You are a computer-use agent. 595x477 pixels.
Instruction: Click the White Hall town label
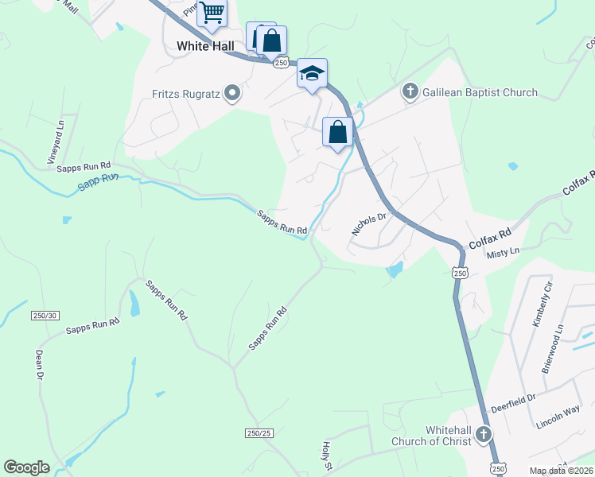(205, 46)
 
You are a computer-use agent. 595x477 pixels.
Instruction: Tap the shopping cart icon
(212, 12)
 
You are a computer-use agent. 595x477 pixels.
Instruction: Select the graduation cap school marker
(313, 74)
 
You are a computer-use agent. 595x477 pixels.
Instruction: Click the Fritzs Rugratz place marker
(232, 94)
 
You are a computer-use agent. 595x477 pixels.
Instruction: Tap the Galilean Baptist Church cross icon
(410, 92)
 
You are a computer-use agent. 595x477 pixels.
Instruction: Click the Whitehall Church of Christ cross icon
(484, 435)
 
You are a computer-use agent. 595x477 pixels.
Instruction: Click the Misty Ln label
(504, 250)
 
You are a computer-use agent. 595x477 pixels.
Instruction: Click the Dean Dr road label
(38, 365)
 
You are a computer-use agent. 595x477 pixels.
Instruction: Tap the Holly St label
(325, 457)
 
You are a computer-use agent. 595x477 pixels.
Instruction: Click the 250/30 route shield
(46, 316)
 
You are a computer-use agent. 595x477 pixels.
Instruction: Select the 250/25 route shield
(259, 432)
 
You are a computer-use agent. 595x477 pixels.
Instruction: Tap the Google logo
(26, 467)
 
